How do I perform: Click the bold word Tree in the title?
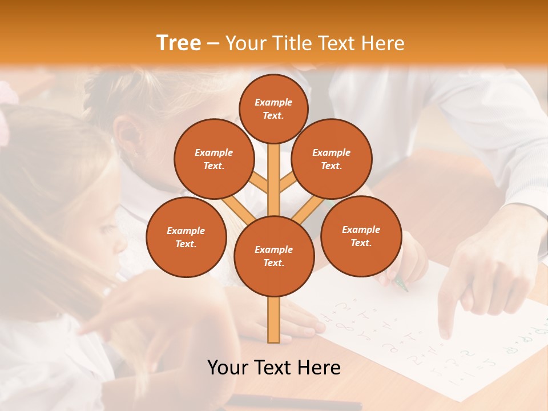(x=179, y=43)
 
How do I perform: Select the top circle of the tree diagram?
(x=273, y=108)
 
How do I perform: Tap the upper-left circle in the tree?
(x=213, y=159)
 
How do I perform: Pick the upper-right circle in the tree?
(x=332, y=159)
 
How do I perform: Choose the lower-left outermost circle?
(x=186, y=237)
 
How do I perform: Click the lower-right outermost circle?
(x=361, y=236)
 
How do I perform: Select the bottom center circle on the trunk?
(x=274, y=256)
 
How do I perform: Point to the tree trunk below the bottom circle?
(x=274, y=320)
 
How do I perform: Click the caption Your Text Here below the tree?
(x=274, y=367)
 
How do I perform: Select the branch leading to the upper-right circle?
(x=288, y=183)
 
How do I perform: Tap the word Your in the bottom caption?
(x=229, y=367)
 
